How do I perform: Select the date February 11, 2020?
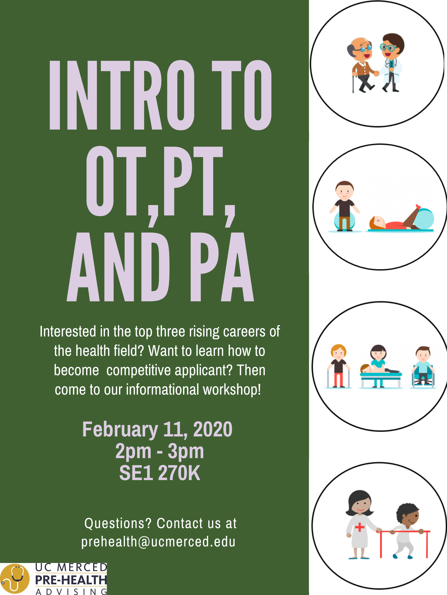(x=157, y=429)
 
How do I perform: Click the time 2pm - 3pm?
(x=160, y=451)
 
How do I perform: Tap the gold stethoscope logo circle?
(x=15, y=578)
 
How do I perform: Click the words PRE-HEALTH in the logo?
(x=71, y=580)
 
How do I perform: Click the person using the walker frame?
(x=338, y=366)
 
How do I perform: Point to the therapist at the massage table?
(x=378, y=356)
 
